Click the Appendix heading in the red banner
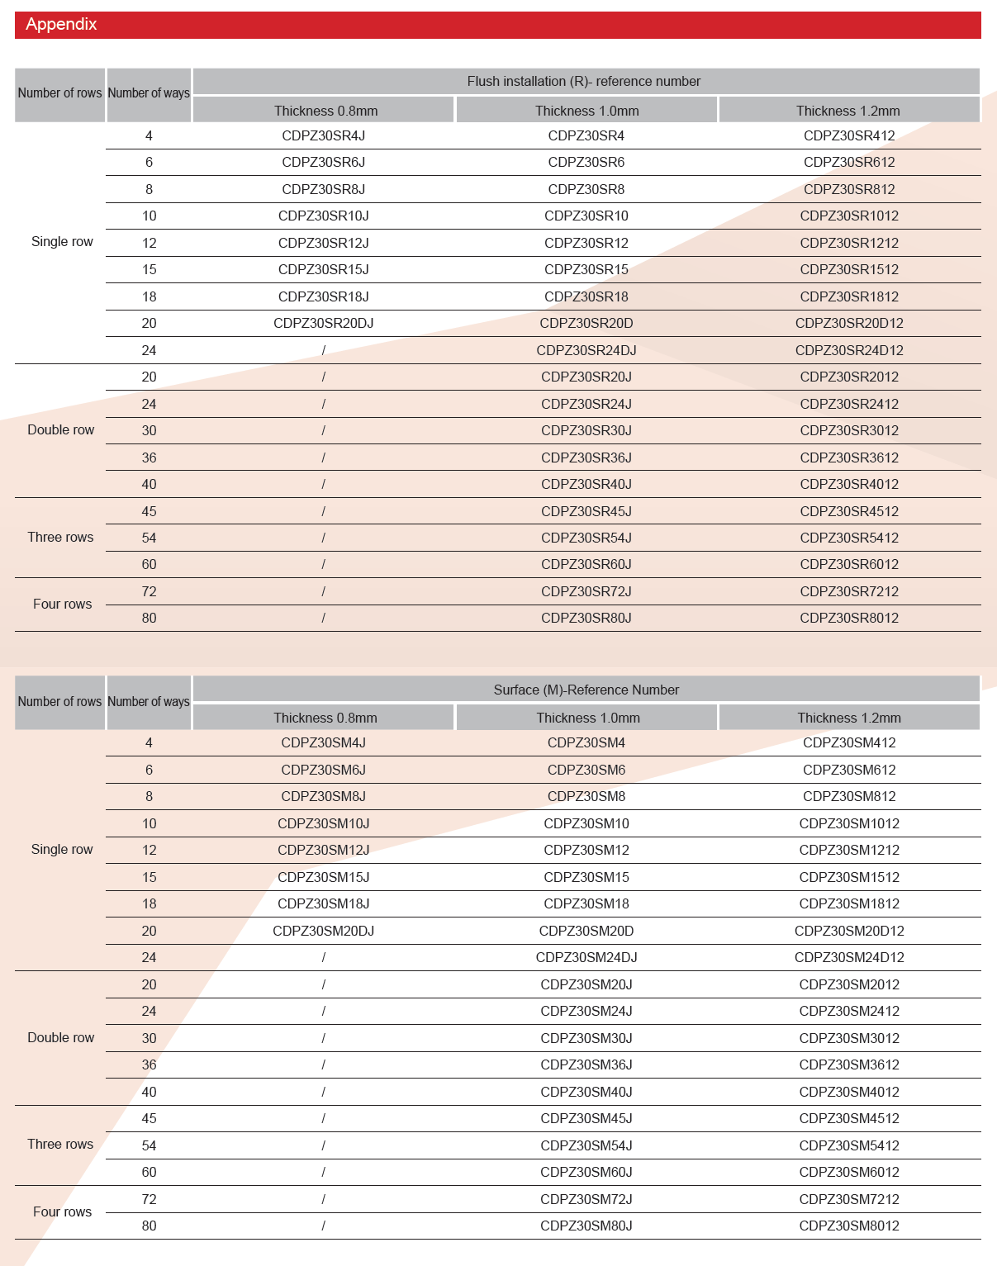(x=61, y=24)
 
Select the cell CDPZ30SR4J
(x=323, y=135)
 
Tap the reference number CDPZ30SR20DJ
(x=323, y=323)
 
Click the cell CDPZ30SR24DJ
(x=586, y=350)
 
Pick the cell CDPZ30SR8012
(x=849, y=618)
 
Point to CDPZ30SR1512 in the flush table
(x=849, y=269)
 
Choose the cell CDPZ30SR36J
(x=586, y=458)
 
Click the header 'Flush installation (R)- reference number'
(x=583, y=81)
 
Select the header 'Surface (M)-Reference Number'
(x=586, y=690)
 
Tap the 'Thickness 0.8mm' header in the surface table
(x=325, y=718)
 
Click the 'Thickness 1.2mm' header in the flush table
(x=847, y=111)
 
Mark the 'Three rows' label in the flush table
(x=60, y=537)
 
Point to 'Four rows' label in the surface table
(x=62, y=1211)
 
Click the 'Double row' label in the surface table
(x=60, y=1037)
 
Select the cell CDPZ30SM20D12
(x=849, y=931)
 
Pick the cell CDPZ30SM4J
(x=323, y=742)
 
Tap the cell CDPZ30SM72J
(x=586, y=1199)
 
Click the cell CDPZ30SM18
(x=586, y=903)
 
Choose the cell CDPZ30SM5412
(x=849, y=1145)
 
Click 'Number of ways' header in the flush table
(x=149, y=93)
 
